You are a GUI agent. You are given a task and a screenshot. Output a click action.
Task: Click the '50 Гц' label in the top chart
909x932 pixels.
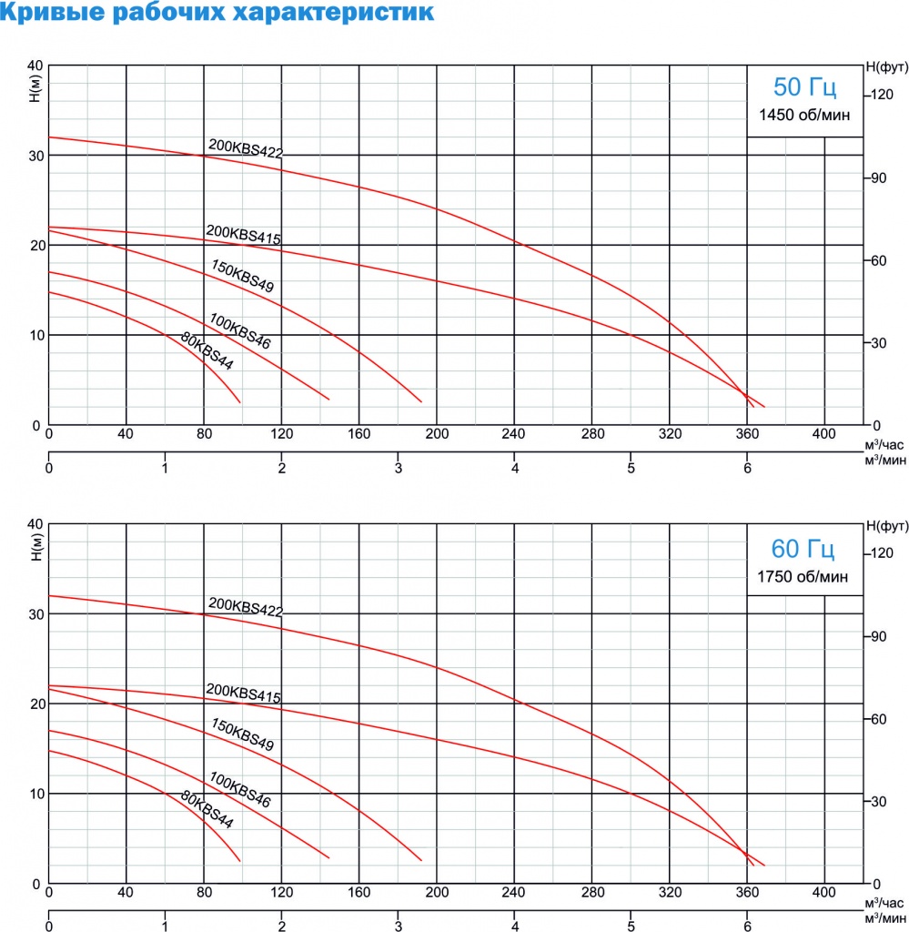[803, 87]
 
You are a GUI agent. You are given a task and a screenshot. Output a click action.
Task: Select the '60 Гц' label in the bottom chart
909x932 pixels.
[803, 549]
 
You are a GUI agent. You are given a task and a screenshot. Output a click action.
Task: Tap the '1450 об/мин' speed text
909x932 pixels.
[803, 116]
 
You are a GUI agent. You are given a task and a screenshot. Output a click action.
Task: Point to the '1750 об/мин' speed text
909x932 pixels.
[803, 576]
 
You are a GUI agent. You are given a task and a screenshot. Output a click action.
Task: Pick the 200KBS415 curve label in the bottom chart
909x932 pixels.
[244, 694]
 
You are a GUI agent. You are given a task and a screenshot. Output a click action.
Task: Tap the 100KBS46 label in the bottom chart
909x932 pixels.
[239, 791]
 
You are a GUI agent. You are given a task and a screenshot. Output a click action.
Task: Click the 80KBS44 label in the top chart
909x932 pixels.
[207, 352]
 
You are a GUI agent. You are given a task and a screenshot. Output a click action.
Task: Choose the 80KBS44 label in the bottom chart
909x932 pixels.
[207, 811]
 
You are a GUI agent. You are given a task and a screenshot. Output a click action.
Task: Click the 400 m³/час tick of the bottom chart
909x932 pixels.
[825, 893]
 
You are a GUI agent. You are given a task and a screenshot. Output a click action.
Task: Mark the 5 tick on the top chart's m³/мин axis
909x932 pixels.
[631, 469]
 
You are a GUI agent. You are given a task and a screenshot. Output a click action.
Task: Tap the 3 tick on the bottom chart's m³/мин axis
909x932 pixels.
[399, 926]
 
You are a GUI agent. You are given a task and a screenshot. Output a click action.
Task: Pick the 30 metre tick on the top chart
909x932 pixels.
[35, 156]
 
